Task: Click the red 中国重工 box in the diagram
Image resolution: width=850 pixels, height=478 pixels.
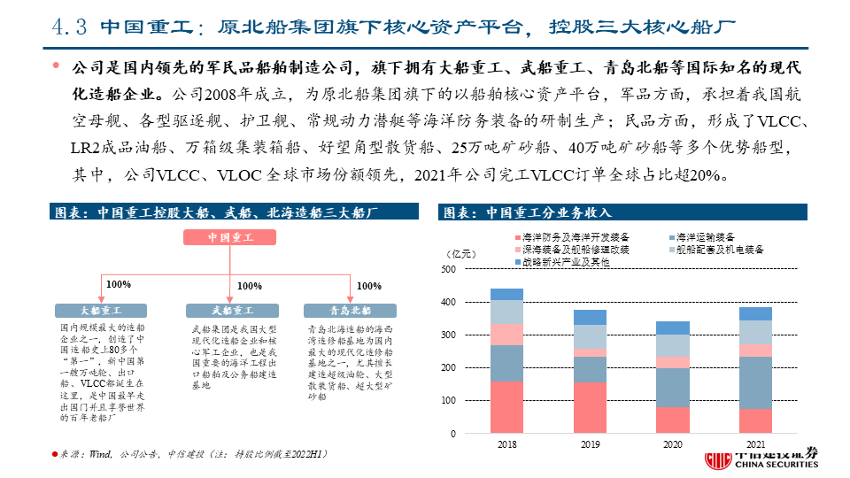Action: [230, 237]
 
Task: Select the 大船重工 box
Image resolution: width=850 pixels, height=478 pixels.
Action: [101, 311]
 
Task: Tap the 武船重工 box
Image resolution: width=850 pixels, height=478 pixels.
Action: [230, 311]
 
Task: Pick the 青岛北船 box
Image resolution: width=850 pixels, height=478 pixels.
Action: [350, 311]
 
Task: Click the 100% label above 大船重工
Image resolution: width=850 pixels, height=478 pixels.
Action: [119, 285]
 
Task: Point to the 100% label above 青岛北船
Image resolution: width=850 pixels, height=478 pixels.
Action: [368, 286]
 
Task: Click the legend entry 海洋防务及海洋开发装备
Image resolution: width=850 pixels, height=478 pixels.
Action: [571, 238]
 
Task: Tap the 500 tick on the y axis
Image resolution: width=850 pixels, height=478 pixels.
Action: [448, 269]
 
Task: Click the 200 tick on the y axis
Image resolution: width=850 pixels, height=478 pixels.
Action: [448, 368]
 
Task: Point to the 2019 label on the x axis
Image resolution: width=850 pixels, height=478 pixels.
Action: [591, 443]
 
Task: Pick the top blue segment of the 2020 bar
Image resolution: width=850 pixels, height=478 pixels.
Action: [673, 328]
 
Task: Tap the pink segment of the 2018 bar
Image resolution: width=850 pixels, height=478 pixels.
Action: [506, 334]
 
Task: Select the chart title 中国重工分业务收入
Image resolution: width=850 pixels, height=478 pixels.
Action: [526, 212]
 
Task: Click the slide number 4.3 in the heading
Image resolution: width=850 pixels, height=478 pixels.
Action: [66, 27]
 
